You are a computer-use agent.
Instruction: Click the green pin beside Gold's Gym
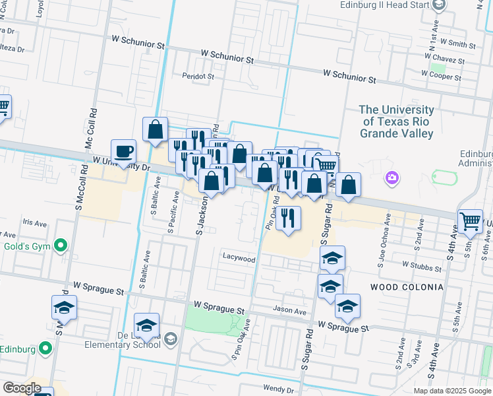tap(61, 246)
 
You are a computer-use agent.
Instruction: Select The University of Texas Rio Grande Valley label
tap(397, 121)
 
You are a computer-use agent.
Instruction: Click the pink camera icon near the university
tap(392, 177)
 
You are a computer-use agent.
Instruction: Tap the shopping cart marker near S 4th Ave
tap(470, 222)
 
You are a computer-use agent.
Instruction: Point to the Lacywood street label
tap(239, 259)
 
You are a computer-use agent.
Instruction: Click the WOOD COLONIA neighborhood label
tap(407, 287)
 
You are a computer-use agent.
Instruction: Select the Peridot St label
tap(198, 77)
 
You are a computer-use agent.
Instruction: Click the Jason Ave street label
tap(291, 310)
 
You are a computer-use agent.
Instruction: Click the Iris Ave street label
tap(36, 222)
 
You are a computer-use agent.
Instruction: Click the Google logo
tap(21, 388)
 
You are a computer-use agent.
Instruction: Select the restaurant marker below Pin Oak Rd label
tap(287, 219)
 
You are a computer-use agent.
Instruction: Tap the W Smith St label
tap(453, 44)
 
